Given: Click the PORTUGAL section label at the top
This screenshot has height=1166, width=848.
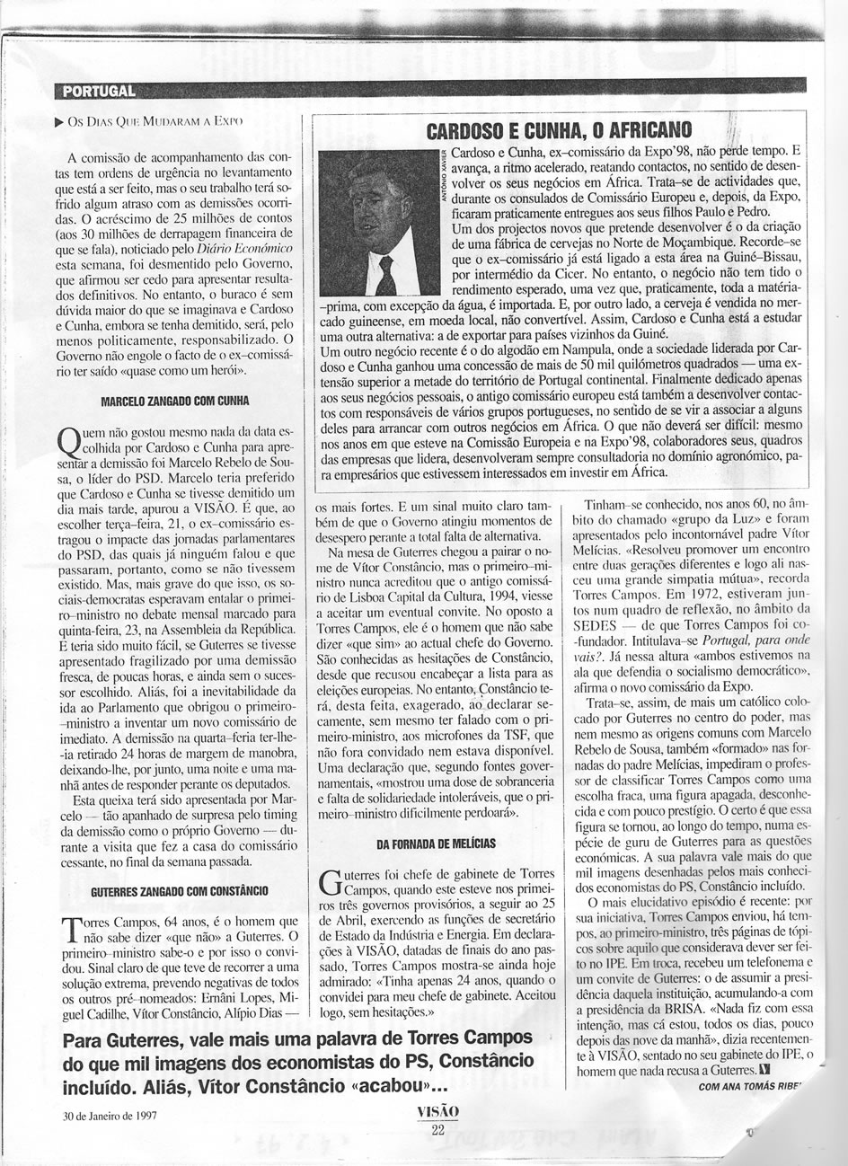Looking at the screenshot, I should click(x=95, y=90).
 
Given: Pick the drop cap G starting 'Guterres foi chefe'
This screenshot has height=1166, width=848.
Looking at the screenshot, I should click(x=331, y=884).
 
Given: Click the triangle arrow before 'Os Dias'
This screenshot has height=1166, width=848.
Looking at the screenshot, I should click(x=58, y=119).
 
